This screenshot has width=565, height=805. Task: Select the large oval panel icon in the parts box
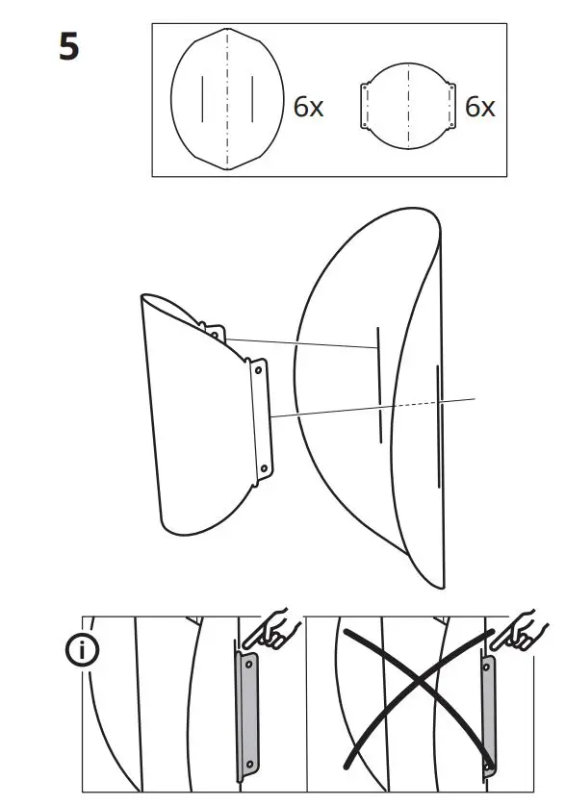point(227,98)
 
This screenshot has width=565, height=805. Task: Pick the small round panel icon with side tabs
point(408,106)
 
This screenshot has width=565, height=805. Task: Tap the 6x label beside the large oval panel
point(308,107)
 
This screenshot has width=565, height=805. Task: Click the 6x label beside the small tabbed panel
point(479,107)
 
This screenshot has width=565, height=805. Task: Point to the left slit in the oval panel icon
point(202,98)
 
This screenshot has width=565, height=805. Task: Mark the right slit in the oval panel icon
point(252,98)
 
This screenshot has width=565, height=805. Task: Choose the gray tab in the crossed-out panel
point(489,714)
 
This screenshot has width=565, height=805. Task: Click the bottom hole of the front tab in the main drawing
point(262,469)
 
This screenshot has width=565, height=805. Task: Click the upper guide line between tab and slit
point(298,342)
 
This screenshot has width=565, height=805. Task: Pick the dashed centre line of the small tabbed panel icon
point(408,106)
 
